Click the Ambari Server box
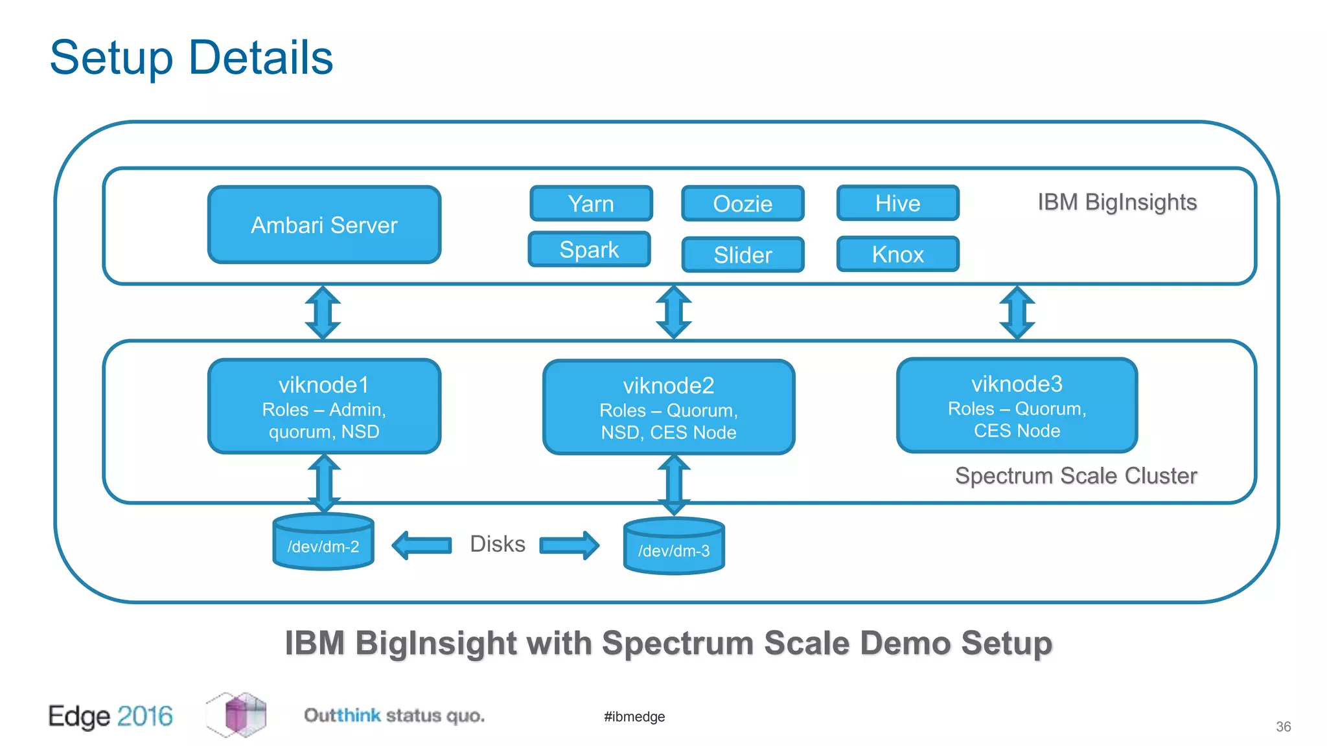click(x=324, y=225)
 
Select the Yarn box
click(x=591, y=203)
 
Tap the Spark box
click(x=589, y=249)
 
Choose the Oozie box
click(x=743, y=203)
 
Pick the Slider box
click(x=743, y=254)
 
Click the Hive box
click(x=897, y=203)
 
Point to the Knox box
click(x=897, y=254)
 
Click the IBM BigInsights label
click(x=1117, y=202)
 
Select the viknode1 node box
click(x=324, y=406)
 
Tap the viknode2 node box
click(x=669, y=407)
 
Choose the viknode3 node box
click(x=1017, y=405)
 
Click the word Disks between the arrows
click(x=497, y=544)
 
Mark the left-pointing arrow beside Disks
click(x=422, y=545)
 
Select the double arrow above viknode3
click(x=1017, y=313)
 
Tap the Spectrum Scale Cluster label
click(x=1076, y=475)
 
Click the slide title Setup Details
click(x=191, y=58)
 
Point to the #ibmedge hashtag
click(x=634, y=716)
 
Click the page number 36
click(x=1283, y=727)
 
